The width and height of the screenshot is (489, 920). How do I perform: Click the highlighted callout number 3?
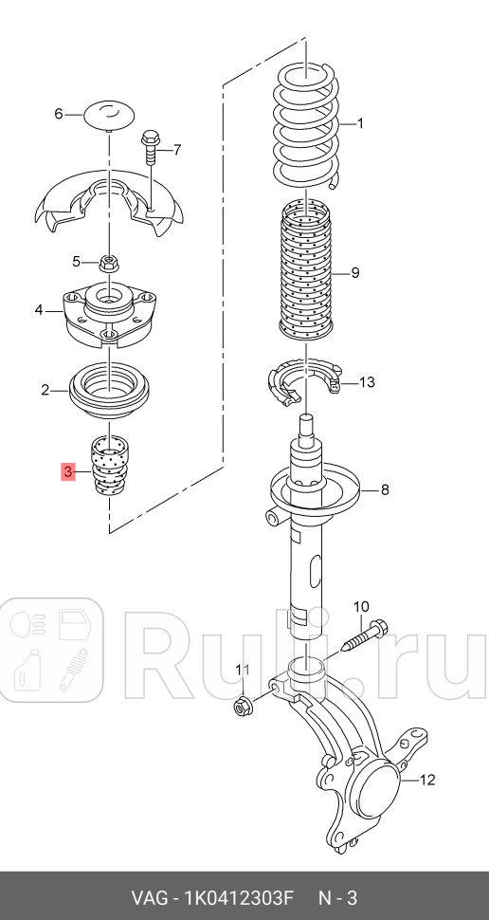click(68, 471)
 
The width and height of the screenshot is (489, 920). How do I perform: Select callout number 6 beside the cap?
click(58, 114)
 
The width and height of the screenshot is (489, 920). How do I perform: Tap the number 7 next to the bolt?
click(176, 149)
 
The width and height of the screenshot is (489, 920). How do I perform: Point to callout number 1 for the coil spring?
click(360, 123)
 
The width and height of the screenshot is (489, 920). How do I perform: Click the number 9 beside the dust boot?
click(354, 273)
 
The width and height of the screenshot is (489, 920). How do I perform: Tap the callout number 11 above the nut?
click(242, 671)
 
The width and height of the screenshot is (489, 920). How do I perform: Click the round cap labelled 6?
click(112, 115)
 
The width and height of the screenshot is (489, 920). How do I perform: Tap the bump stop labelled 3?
click(110, 466)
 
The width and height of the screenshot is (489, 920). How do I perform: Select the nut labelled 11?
click(242, 706)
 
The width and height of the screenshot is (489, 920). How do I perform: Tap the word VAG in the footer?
click(150, 897)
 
